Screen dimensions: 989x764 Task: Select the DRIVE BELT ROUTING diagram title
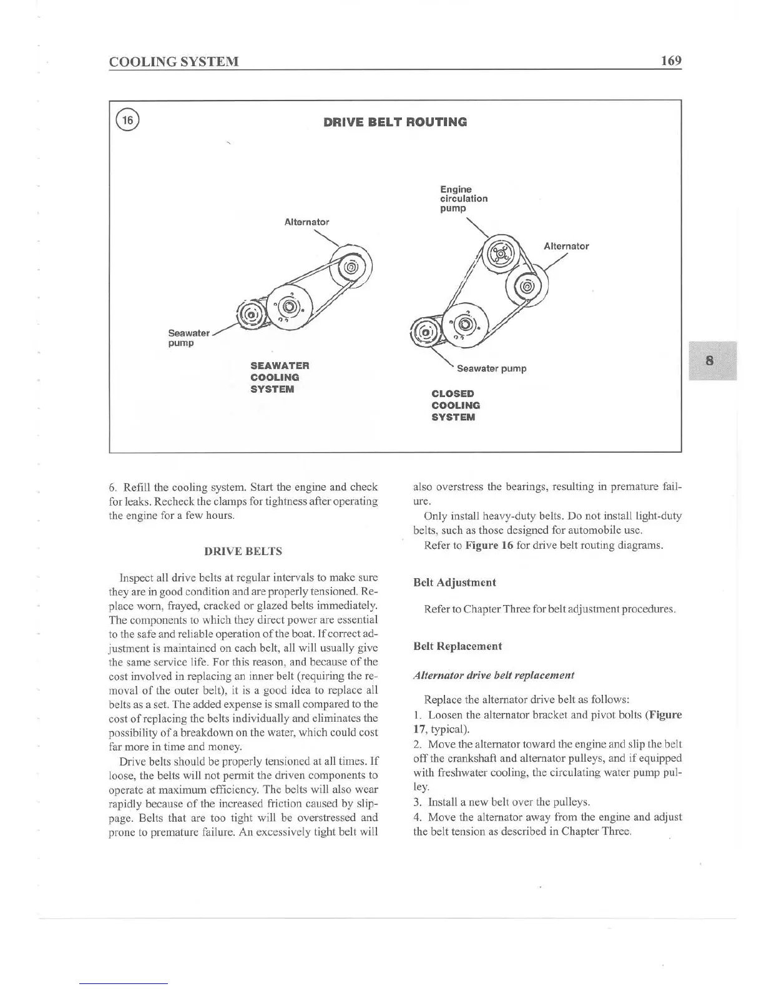tap(394, 122)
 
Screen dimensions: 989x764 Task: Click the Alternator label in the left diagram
tap(306, 222)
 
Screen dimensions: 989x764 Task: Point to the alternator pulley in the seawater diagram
tap(351, 268)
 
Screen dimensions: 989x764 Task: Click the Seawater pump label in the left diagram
tap(189, 338)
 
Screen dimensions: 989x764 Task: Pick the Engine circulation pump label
tap(463, 199)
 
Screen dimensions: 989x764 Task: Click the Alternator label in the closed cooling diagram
tap(566, 246)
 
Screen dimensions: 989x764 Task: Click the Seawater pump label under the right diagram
tap(491, 368)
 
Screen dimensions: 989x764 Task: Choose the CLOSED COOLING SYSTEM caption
tap(456, 405)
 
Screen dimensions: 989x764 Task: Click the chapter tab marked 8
tap(711, 361)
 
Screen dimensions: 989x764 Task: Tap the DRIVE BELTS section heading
tap(243, 551)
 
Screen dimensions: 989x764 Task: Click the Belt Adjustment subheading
tap(454, 583)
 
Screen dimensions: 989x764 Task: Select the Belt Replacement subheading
tap(458, 646)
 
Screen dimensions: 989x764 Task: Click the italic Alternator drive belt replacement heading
tap(494, 675)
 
